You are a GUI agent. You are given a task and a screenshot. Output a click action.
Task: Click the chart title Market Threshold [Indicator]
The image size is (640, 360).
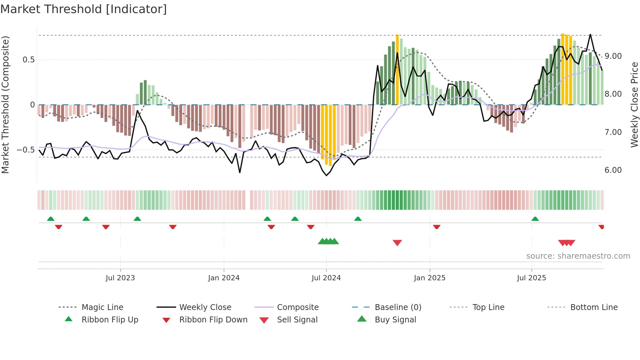tap(84, 9)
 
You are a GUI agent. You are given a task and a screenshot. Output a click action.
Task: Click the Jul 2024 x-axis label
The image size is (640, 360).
tap(326, 278)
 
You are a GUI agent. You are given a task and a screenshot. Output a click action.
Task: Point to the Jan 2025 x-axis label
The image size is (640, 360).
tap(429, 278)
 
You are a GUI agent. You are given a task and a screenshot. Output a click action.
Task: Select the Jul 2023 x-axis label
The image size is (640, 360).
tap(120, 278)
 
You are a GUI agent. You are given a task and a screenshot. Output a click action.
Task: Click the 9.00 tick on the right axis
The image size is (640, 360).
tap(613, 56)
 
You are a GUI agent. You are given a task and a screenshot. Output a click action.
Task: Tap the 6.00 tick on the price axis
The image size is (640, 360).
tap(613, 170)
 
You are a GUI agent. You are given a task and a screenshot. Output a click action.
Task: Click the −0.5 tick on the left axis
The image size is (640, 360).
tap(25, 150)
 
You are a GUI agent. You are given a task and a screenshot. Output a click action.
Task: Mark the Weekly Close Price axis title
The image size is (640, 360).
tap(634, 105)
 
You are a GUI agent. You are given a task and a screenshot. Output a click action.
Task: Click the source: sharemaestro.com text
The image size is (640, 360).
tap(578, 256)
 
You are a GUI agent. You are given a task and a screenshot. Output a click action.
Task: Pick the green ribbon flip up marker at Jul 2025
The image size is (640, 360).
tap(535, 219)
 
